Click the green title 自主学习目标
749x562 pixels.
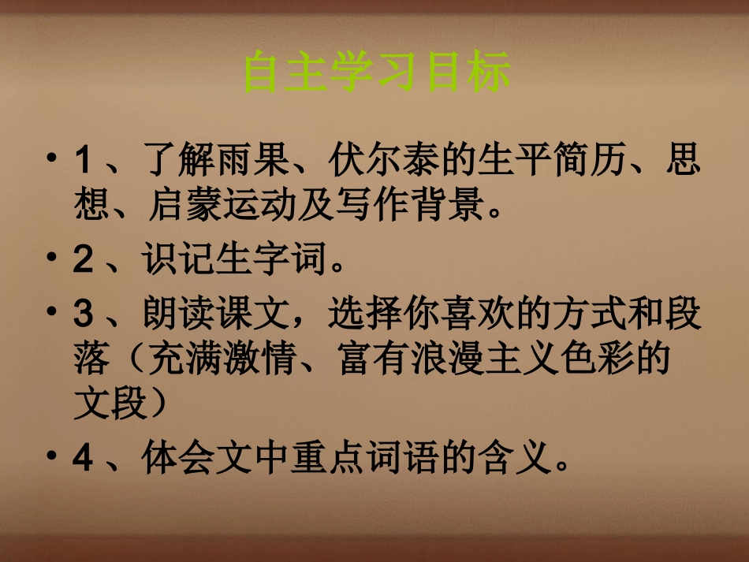point(377,73)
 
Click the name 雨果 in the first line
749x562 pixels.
point(254,162)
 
